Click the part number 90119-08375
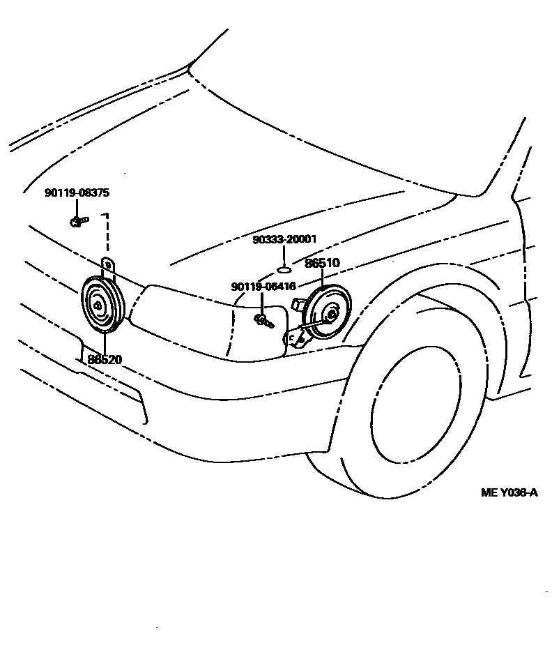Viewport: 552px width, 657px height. (77, 193)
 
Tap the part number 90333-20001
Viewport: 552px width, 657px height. (284, 239)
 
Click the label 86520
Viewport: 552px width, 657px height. (105, 360)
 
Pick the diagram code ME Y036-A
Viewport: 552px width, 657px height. (509, 493)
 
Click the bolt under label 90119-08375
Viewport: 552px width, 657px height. (77, 222)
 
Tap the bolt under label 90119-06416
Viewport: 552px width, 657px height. (263, 319)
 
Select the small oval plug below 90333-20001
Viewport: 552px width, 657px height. (284, 267)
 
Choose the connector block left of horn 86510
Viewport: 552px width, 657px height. (298, 305)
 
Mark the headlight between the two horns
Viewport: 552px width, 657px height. (188, 321)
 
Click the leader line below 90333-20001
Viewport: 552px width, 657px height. (284, 254)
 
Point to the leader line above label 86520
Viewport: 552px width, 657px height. (105, 345)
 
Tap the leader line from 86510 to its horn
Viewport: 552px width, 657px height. (323, 278)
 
